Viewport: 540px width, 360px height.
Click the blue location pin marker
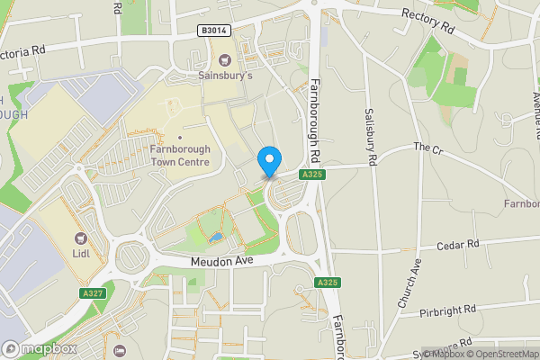[268, 161]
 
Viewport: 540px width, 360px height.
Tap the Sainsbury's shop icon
[225, 60]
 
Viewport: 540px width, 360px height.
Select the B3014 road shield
[212, 30]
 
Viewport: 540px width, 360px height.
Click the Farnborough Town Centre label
[180, 155]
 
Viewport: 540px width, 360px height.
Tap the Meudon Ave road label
[221, 261]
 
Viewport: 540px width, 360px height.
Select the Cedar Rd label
[460, 244]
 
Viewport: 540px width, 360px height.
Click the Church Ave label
[409, 284]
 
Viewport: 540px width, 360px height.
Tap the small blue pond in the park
[214, 238]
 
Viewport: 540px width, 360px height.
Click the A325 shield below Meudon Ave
[328, 283]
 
